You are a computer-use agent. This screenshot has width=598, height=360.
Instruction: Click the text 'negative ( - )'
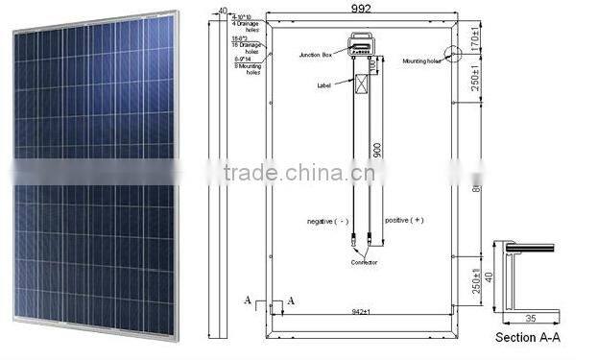[x=328, y=221]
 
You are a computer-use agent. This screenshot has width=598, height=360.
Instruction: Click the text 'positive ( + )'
[x=403, y=221]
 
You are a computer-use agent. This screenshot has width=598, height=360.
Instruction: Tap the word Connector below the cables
[x=364, y=261]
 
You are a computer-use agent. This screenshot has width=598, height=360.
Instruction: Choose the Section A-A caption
[x=527, y=339]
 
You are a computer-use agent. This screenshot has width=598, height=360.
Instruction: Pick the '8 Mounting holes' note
[x=247, y=64]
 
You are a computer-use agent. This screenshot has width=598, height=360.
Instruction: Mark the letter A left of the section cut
[x=249, y=301]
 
